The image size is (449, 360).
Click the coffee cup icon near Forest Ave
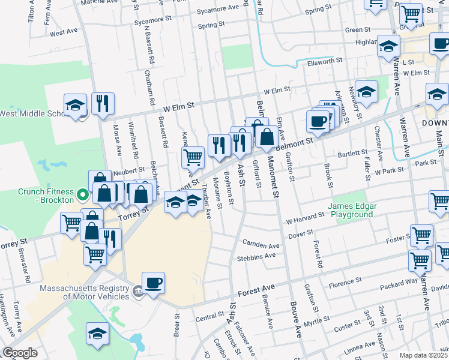153,282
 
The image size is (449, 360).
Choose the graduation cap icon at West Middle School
76,106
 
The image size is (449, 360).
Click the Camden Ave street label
261,245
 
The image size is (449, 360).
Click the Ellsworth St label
325,61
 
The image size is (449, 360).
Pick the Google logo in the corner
20,353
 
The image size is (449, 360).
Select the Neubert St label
126,170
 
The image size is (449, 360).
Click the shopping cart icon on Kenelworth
193,158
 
